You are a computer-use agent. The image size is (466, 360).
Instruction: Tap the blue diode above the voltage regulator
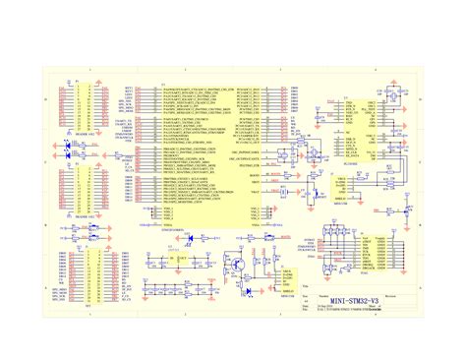[x=190, y=238]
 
